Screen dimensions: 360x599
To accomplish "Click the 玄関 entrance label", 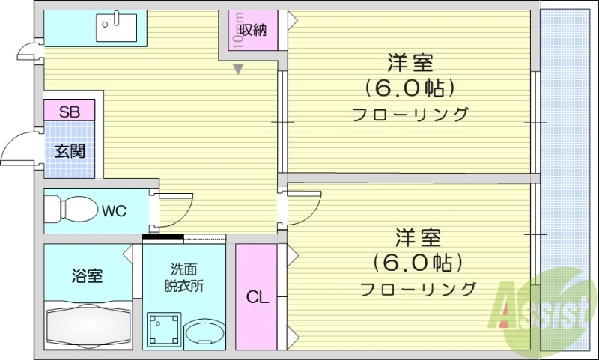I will coord(69,150).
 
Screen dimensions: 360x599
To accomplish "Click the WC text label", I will coord(115,210).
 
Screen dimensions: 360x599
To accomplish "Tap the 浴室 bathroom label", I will coord(88,275).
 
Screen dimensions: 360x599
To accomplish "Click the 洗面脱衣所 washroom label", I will coord(183,277).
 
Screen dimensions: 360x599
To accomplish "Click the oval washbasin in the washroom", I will coord(204,332).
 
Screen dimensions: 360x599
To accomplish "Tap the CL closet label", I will coord(257,297).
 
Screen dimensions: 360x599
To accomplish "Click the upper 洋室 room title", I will coord(410,62).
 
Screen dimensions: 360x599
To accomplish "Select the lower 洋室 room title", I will coord(418,238).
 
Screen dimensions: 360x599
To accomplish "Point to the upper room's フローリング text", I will coord(410,115).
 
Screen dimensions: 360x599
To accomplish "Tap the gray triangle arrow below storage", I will coord(238,70).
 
